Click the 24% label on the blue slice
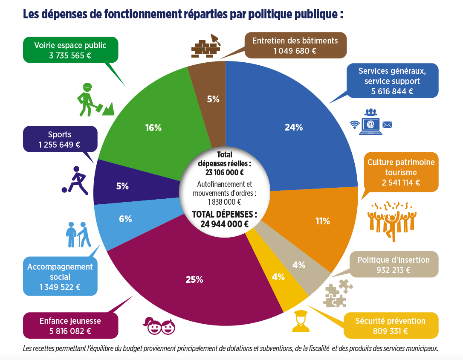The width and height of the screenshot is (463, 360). click(x=293, y=127)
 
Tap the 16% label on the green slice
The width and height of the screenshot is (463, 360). click(x=153, y=128)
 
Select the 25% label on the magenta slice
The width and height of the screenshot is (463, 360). click(x=194, y=280)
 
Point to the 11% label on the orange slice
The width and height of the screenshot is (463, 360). click(x=322, y=221)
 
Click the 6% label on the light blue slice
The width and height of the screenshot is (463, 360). click(x=125, y=219)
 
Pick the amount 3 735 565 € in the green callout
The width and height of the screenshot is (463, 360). click(x=70, y=55)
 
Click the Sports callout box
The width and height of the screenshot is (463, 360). click(x=60, y=139)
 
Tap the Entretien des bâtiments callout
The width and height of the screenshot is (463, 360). click(x=295, y=45)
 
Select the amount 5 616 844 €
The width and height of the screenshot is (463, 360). click(x=392, y=91)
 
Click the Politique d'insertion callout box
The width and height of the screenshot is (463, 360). click(x=394, y=264)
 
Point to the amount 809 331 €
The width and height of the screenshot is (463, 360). click(x=391, y=331)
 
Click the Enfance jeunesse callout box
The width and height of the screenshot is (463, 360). click(x=70, y=325)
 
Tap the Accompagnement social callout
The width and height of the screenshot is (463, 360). click(x=60, y=276)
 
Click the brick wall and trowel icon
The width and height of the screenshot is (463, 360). click(x=206, y=46)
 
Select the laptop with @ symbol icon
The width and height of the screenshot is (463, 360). click(x=370, y=124)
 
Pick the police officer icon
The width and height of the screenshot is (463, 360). click(x=301, y=321)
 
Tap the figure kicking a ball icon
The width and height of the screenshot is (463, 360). click(x=76, y=181)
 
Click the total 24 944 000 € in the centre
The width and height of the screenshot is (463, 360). click(x=225, y=224)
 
